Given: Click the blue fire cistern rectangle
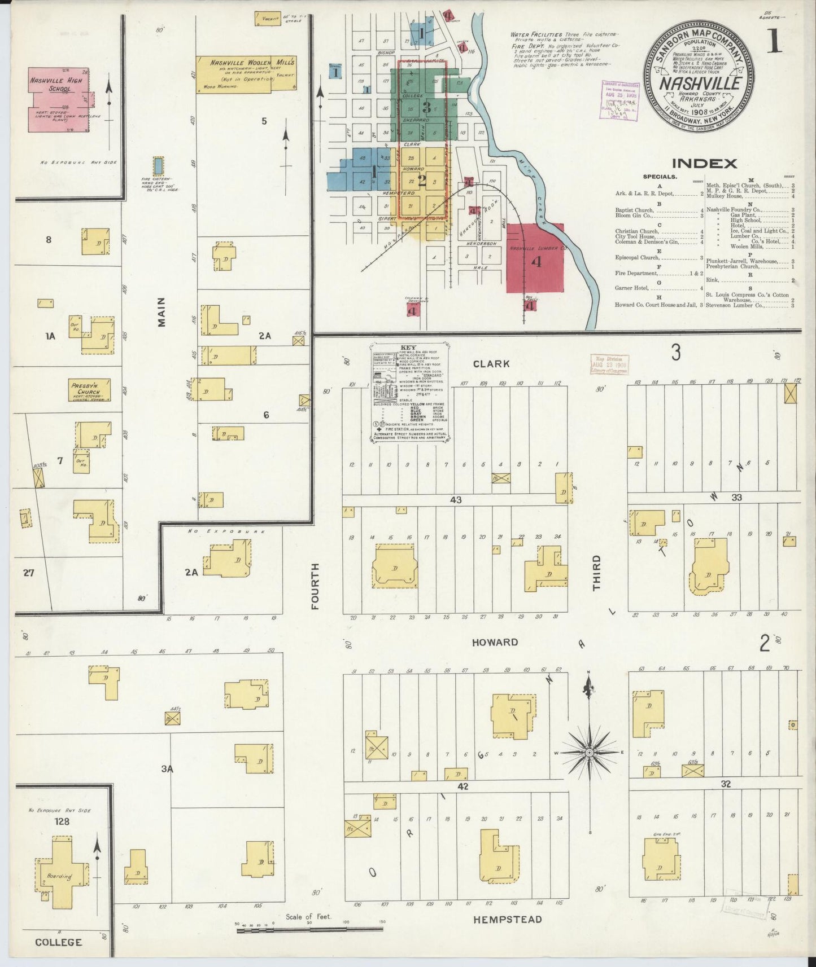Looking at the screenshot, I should coord(159,166).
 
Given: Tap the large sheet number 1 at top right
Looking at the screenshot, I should coord(774,41).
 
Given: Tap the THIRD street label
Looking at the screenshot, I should coord(596,573).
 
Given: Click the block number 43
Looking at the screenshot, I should coord(456,500).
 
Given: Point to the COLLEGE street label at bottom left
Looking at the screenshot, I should coord(58,942).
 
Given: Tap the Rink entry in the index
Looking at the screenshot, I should coord(713,280).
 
